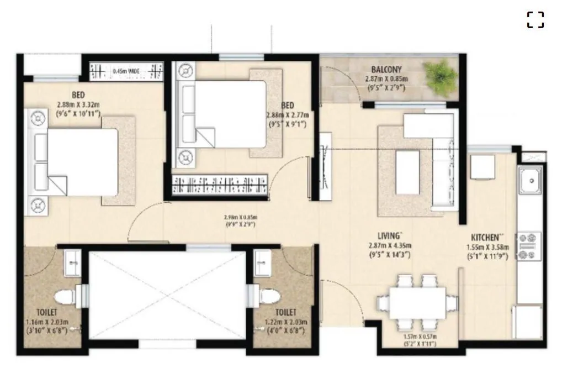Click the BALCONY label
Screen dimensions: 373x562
point(386,70)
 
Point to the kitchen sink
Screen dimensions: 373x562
point(530,180)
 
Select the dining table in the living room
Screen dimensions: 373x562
point(417,303)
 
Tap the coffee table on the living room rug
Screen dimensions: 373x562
point(407,172)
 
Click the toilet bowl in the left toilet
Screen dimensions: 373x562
point(68,296)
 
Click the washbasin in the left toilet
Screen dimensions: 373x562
point(72,262)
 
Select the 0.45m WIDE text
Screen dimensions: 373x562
point(126,71)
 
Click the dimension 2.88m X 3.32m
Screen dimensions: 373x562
point(78,104)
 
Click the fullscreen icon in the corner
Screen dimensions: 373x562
point(535,20)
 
